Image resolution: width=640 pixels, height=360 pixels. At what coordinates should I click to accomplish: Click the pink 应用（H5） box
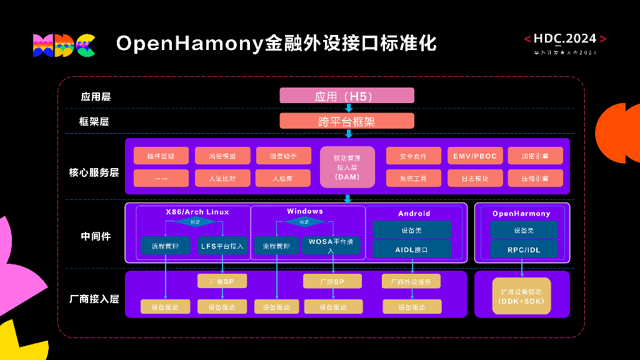point(346,96)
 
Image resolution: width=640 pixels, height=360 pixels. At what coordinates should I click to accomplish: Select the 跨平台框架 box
point(346,121)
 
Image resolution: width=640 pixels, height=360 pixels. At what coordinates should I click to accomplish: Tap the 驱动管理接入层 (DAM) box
point(347,167)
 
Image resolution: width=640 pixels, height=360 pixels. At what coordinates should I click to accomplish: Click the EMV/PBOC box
point(475,156)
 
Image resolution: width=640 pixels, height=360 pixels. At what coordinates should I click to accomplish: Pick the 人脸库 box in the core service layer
point(282,178)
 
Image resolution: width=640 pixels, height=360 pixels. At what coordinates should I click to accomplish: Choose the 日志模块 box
point(475,178)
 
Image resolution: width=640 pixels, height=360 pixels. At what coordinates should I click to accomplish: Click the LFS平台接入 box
point(222,246)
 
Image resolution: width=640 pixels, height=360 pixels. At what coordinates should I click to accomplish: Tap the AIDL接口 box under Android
point(411,249)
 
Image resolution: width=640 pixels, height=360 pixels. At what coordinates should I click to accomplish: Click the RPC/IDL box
point(524,249)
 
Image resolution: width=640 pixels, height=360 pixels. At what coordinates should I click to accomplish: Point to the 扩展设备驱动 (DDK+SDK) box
point(521,296)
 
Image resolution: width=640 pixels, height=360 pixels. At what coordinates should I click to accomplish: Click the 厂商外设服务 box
point(411,281)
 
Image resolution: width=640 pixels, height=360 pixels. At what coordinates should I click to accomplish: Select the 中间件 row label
point(96,236)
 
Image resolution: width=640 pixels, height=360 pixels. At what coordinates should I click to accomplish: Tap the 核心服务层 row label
point(94,172)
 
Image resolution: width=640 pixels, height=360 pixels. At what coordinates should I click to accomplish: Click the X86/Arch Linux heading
point(197,212)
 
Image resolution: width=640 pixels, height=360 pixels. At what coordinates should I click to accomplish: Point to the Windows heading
point(305,211)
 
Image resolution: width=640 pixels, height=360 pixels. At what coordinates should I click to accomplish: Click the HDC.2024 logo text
point(565,39)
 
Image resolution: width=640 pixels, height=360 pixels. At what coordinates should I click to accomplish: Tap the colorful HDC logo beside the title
point(64,45)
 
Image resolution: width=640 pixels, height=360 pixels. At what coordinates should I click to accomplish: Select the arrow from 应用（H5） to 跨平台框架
point(349,108)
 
